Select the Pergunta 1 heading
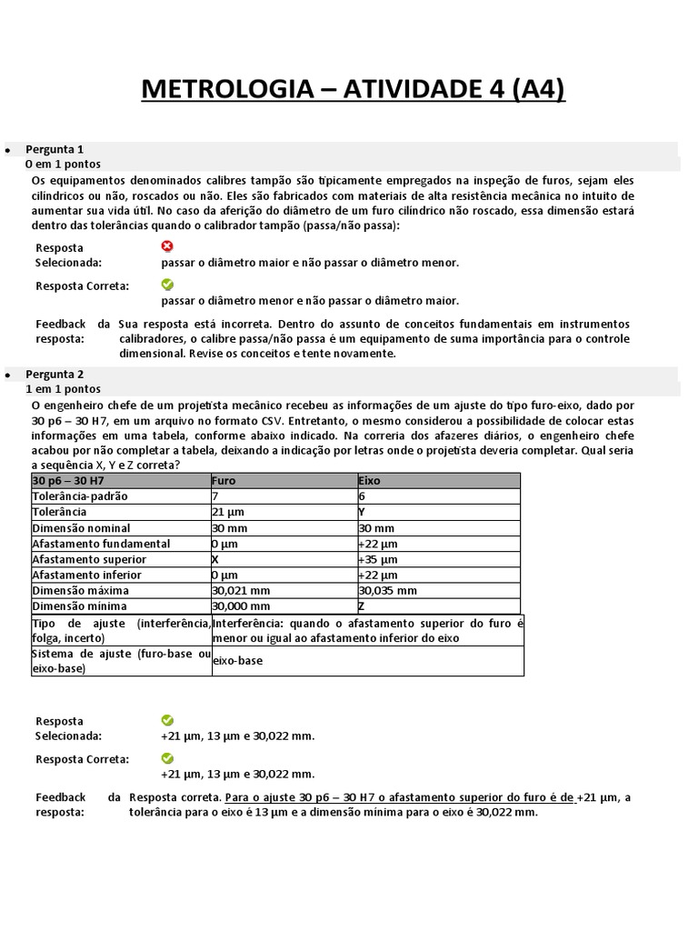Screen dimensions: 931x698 point(55,149)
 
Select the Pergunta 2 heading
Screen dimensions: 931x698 point(55,374)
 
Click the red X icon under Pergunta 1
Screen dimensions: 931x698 point(166,246)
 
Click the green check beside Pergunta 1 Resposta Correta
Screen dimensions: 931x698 point(166,285)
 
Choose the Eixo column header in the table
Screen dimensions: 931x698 point(371,481)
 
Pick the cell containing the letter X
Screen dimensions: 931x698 point(215,559)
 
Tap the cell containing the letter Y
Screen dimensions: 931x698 point(363,512)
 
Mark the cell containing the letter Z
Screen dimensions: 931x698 point(363,606)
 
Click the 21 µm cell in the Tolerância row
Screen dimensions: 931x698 point(228,512)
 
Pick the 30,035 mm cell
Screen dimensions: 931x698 point(388,590)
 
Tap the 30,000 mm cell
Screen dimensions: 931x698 point(241,606)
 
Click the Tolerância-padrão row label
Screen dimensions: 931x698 point(80,496)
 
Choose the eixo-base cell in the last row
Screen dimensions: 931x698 point(238,661)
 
